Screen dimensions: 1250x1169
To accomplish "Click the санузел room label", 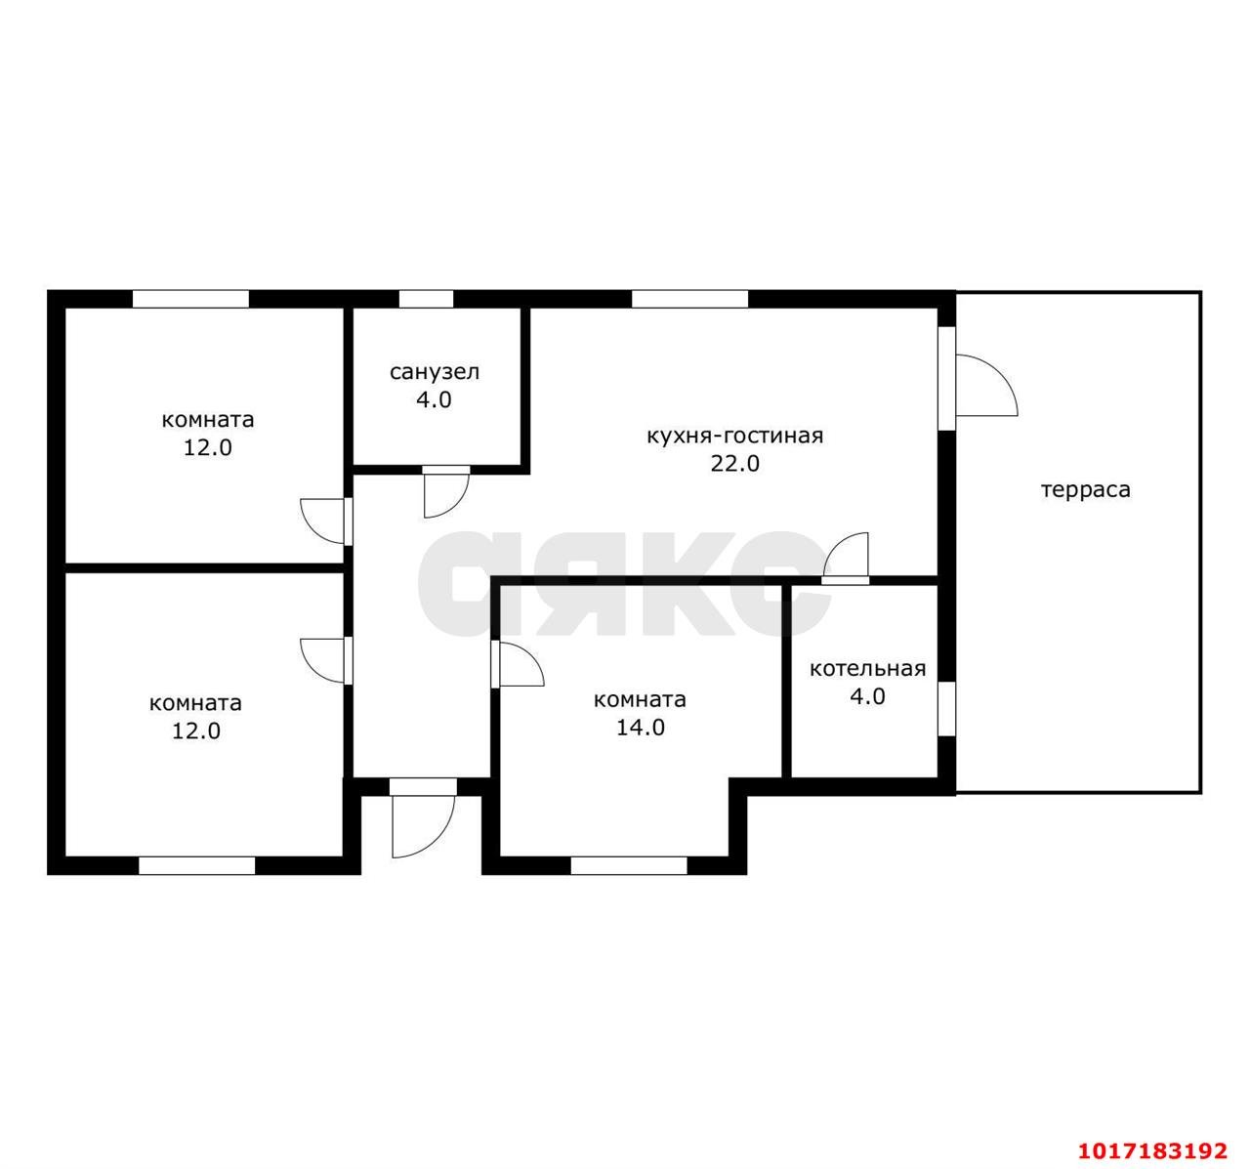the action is [435, 372].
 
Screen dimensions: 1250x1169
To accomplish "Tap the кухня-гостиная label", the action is [734, 436].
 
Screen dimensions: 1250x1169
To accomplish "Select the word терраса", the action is [1086, 489].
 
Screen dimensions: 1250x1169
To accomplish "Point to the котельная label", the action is [867, 669].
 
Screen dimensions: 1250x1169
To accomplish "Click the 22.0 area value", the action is [734, 463].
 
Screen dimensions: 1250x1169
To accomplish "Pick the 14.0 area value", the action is [640, 728].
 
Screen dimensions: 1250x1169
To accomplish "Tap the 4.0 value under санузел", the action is [434, 399].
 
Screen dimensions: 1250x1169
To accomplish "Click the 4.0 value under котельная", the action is [867, 696].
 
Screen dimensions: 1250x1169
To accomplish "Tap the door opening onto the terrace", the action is [985, 385].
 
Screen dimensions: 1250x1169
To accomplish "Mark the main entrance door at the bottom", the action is [423, 818].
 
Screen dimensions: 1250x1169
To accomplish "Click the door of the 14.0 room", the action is [518, 663].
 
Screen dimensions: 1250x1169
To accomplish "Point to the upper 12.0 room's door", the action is [326, 522].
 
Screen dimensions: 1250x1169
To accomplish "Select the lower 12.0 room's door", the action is [326, 660].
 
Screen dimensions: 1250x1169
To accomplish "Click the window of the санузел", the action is [426, 299].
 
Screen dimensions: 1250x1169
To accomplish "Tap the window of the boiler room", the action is [946, 709].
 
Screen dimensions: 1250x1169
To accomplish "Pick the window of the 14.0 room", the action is [629, 865].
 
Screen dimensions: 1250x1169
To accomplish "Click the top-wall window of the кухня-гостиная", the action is [689, 299].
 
